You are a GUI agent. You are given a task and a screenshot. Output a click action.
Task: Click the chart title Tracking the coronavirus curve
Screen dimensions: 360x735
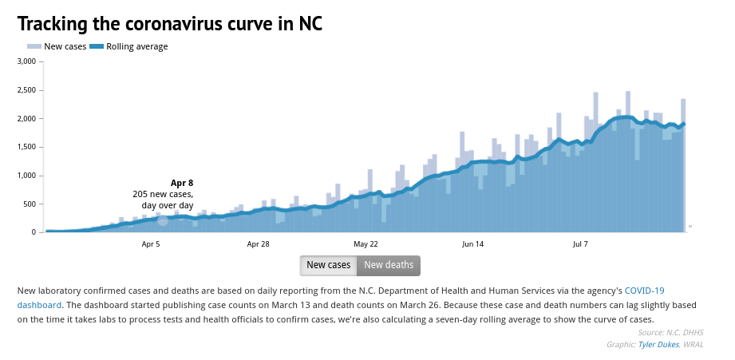pyautogui.click(x=169, y=24)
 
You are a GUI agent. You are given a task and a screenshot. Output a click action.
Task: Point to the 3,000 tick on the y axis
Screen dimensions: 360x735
pyautogui.click(x=26, y=61)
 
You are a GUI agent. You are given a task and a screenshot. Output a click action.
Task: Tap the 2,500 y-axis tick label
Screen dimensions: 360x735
pyautogui.click(x=26, y=90)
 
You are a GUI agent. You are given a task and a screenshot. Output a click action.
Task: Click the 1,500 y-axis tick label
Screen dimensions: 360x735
pyautogui.click(x=26, y=147)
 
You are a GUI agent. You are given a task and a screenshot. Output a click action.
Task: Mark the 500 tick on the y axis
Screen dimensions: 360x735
pyautogui.click(x=30, y=204)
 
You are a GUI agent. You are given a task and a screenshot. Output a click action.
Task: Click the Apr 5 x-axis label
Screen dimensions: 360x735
pyautogui.click(x=151, y=243)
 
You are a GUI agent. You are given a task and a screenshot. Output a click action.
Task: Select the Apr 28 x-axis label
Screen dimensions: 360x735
pyautogui.click(x=258, y=243)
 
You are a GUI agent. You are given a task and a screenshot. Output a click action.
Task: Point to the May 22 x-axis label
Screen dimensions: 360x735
pyautogui.click(x=366, y=243)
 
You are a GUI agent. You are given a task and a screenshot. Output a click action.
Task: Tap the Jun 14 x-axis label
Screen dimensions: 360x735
pyautogui.click(x=473, y=243)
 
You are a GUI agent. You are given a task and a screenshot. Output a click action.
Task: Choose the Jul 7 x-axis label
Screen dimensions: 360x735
pyautogui.click(x=580, y=243)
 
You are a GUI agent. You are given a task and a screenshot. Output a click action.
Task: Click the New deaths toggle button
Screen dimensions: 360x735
pyautogui.click(x=389, y=265)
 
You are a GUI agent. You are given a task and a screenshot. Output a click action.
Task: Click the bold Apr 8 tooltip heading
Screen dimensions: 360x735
pyautogui.click(x=182, y=183)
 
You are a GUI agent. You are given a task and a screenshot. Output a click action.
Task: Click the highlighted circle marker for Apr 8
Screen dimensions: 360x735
pyautogui.click(x=163, y=220)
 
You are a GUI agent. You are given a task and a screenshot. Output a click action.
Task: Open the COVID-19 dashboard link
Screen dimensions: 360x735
pyautogui.click(x=644, y=291)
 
